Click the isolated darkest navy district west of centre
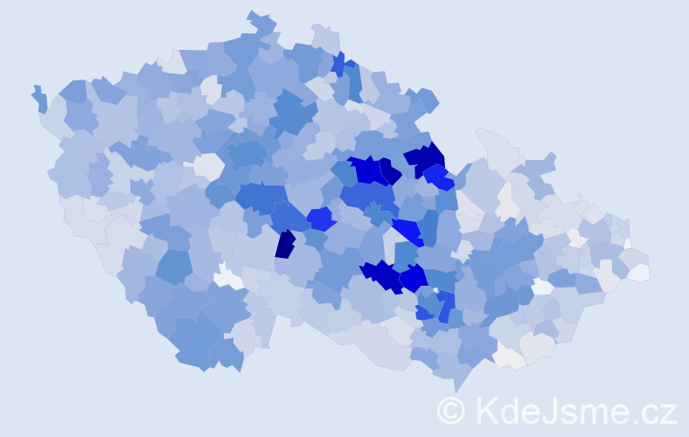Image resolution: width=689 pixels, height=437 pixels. (x=285, y=244)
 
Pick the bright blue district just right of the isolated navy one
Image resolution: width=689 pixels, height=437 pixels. (x=320, y=218)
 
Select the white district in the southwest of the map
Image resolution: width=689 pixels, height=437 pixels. (x=229, y=278)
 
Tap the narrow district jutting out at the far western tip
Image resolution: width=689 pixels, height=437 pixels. (x=39, y=98)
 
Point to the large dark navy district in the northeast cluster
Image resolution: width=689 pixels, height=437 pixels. (x=426, y=158)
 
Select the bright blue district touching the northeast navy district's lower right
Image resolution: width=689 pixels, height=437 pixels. (x=439, y=177)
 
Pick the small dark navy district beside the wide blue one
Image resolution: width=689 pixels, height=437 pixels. (x=388, y=170)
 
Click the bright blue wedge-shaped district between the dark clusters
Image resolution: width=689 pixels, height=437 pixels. (x=407, y=231)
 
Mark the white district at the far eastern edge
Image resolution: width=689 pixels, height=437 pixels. (x=638, y=272)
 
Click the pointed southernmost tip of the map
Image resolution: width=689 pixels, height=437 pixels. (x=456, y=390)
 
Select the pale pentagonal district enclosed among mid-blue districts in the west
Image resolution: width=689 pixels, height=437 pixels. (x=208, y=165)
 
